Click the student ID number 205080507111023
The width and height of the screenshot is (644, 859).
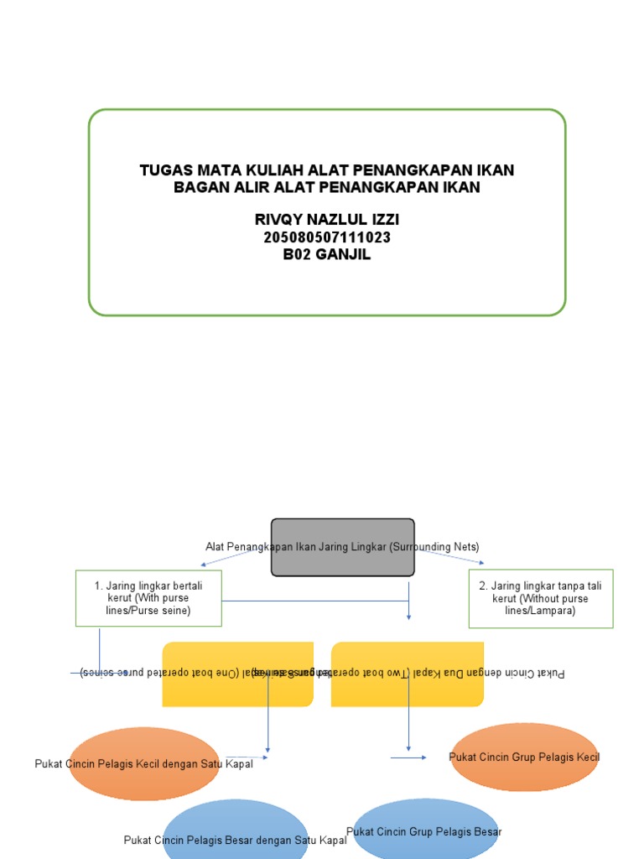coord(327,237)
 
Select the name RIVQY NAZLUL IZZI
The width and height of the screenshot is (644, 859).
coord(327,220)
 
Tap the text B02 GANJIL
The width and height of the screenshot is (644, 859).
coord(327,254)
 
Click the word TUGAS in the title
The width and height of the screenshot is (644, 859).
coord(166,170)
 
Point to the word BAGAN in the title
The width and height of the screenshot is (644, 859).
coord(200,187)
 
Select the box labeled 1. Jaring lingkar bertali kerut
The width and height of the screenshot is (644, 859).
coord(148,598)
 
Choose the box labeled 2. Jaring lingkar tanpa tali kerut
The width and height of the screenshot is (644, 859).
coord(541,598)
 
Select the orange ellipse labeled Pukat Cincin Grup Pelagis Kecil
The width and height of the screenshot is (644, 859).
coord(524,757)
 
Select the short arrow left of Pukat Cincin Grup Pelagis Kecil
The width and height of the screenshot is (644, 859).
coord(408,757)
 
